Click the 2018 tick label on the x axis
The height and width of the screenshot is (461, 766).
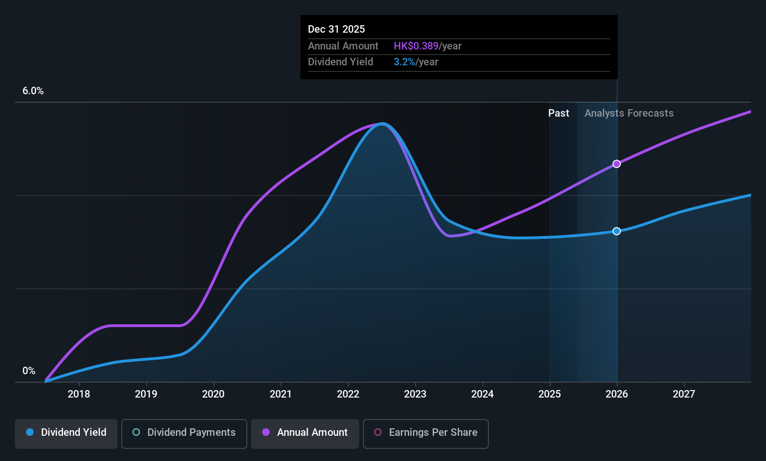(79, 394)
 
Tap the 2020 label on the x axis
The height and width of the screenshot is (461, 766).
(213, 394)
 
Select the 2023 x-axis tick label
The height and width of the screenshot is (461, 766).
(415, 394)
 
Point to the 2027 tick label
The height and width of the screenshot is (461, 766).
(684, 394)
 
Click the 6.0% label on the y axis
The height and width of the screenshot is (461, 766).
(33, 91)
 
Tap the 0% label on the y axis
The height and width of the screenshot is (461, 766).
(29, 371)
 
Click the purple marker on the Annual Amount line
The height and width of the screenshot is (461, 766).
(617, 164)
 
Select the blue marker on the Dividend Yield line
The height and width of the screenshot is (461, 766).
(617, 231)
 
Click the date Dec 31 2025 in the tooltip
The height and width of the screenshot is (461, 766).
(336, 29)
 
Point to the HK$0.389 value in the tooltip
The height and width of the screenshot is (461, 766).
(416, 46)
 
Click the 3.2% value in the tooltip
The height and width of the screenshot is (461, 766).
(404, 62)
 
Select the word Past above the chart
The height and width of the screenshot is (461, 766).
(558, 113)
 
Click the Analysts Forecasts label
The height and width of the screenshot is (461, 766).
(629, 113)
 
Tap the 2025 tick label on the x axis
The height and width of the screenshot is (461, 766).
(550, 394)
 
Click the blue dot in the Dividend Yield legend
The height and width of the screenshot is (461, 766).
(30, 432)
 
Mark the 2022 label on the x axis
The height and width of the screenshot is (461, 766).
(348, 394)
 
